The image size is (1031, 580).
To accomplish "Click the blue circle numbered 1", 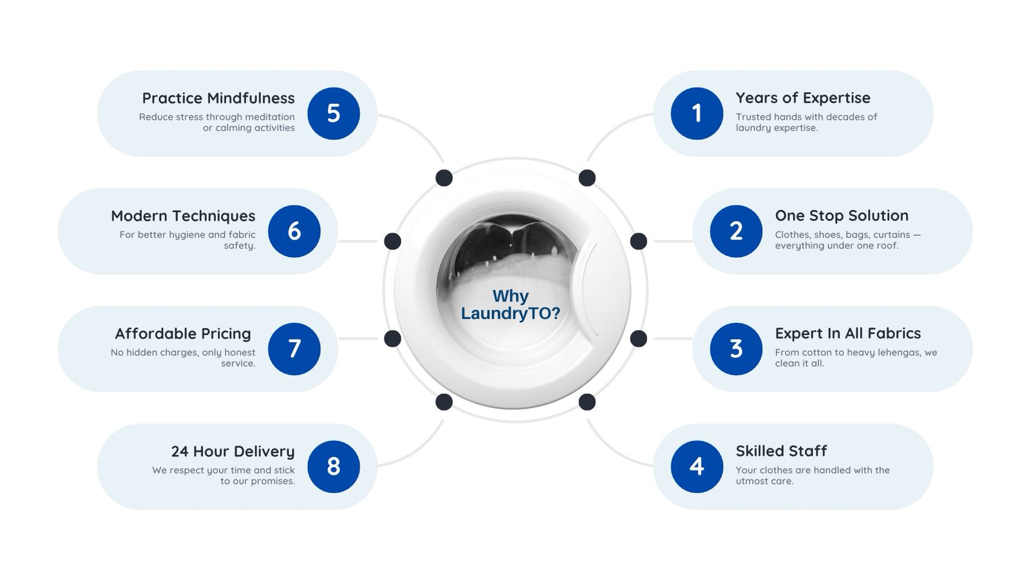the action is pos(697,113).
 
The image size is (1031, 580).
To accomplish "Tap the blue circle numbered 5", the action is pos(334,113).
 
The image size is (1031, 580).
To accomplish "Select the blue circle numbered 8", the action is pos(334,467).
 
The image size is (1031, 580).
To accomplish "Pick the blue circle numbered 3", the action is pos(736,349).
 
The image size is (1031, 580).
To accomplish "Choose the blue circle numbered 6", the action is pos(294,231).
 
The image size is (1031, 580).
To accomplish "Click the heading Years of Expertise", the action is pos(803,98).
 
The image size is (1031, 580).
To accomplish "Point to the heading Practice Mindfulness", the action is pos(218,98).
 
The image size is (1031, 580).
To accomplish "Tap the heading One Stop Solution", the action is pos(842,215).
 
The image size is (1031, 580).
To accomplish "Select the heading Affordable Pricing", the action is pos(183,334).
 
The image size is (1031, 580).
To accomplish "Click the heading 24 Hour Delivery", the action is pos(233,452).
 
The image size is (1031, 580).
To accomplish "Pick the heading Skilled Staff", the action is pos(781,451).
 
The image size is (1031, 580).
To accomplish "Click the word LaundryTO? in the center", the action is pos(510,313).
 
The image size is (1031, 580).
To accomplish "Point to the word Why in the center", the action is pos(510,296).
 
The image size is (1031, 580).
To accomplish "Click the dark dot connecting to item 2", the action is pos(639,241).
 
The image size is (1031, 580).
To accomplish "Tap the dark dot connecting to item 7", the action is pos(392,339).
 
